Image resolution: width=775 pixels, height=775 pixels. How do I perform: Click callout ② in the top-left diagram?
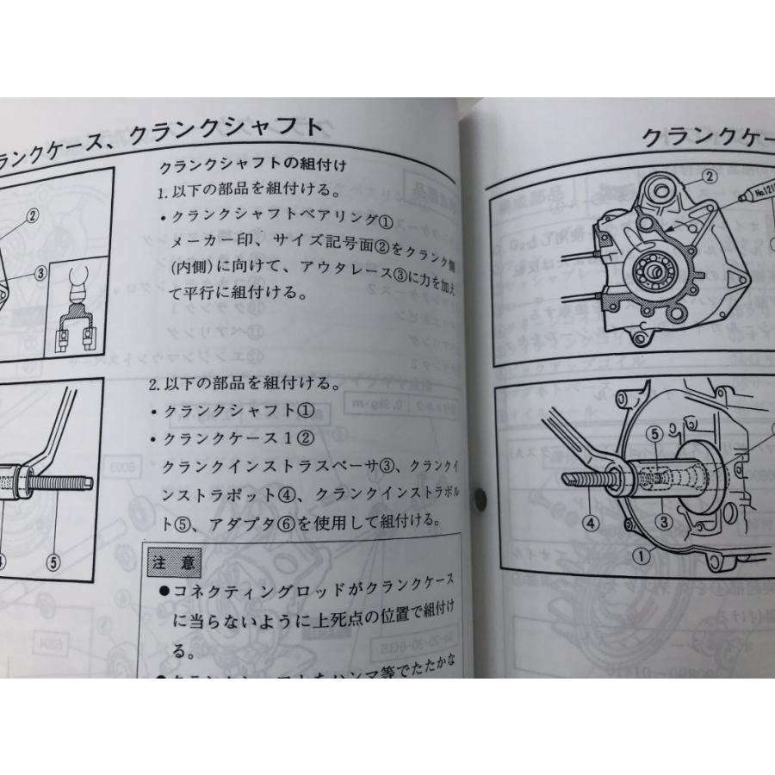coord(32,216)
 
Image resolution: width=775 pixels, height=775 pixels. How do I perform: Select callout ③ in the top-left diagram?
coord(40,273)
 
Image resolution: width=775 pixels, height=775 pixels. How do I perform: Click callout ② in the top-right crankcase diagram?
coord(710,177)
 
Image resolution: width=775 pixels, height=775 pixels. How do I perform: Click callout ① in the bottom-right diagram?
coord(641,556)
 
